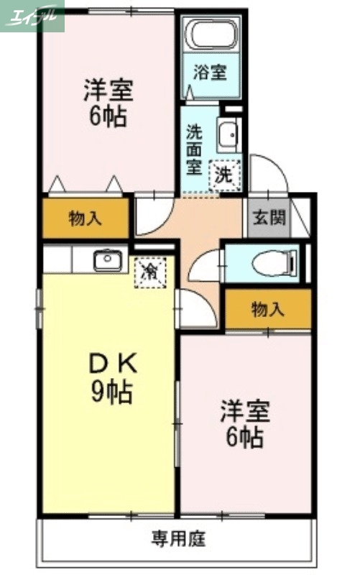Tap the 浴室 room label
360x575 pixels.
click(x=210, y=72)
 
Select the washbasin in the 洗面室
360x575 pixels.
click(x=228, y=134)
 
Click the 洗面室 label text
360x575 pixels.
click(x=194, y=149)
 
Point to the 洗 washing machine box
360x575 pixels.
click(x=224, y=173)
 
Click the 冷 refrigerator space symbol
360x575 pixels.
click(x=151, y=272)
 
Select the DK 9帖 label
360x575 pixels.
click(x=110, y=378)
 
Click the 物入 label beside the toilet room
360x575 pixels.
click(x=268, y=310)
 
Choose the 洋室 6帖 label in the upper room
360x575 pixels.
click(x=109, y=103)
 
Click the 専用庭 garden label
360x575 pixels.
click(x=178, y=536)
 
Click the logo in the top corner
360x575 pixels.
click(x=32, y=16)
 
